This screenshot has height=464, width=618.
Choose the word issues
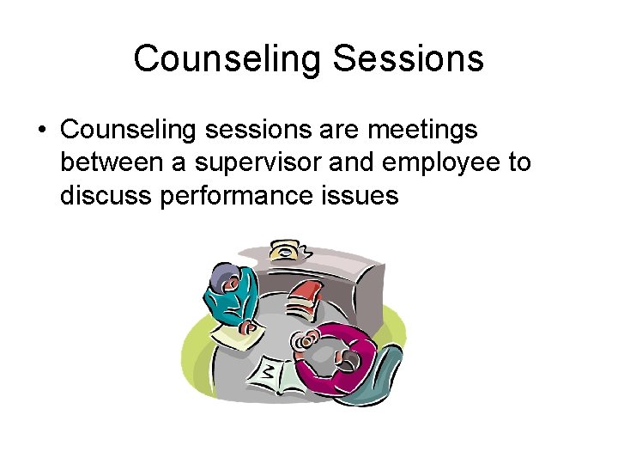coord(360,196)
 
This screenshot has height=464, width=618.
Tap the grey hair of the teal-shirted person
coord(221,276)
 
